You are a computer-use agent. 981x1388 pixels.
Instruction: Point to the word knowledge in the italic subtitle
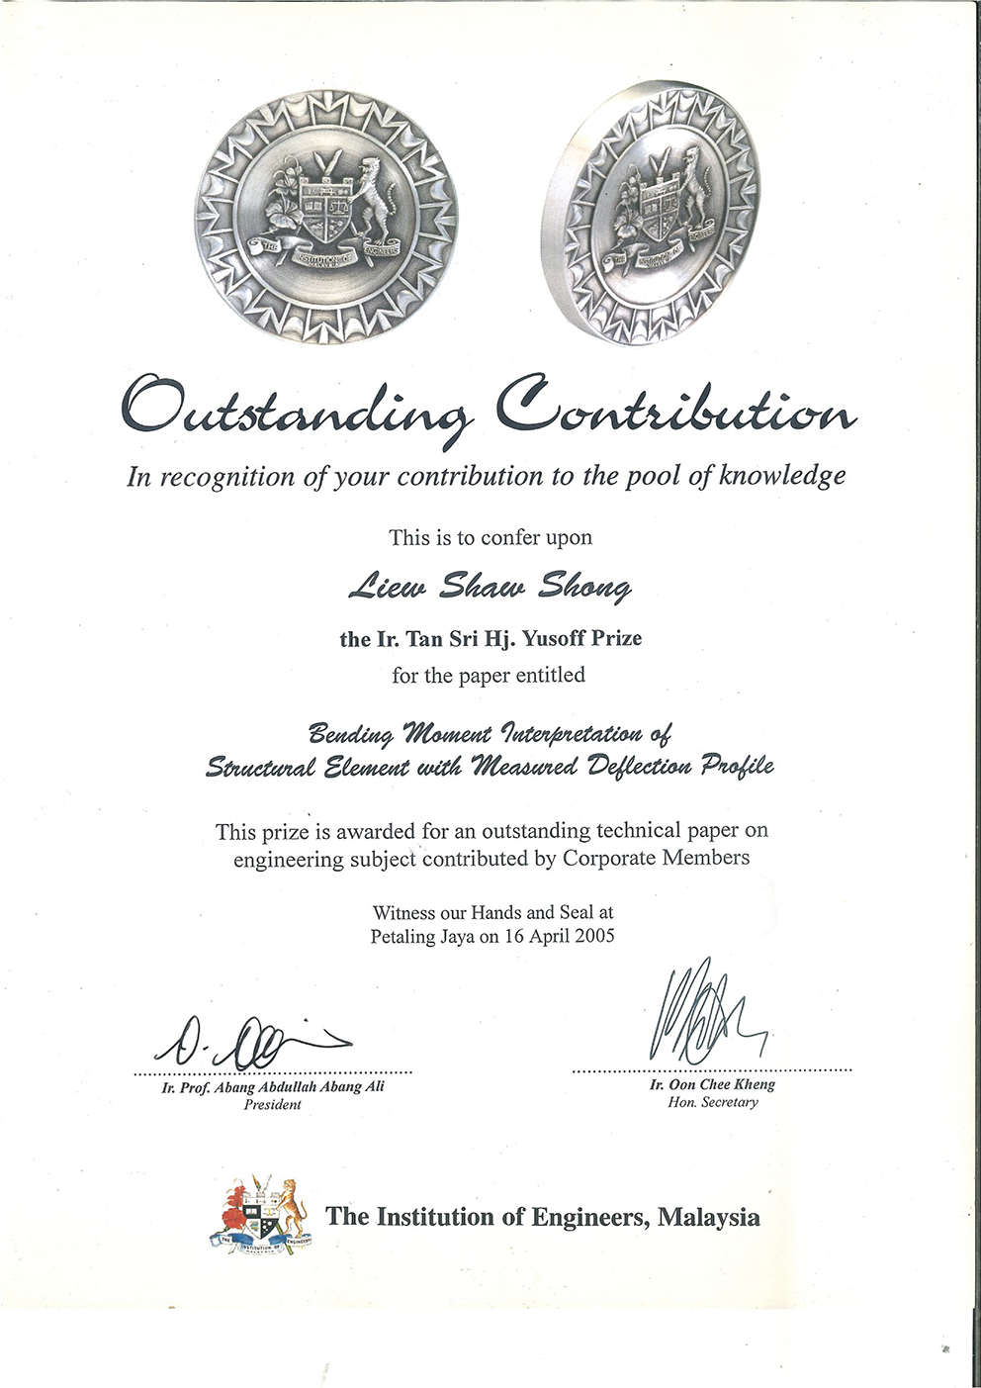click(782, 476)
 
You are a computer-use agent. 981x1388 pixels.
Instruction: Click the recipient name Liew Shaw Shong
click(490, 588)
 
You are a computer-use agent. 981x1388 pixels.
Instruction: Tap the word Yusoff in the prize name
click(554, 638)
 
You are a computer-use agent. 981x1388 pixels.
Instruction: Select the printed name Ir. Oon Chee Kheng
click(712, 1084)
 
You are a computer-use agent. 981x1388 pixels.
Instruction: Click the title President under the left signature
click(272, 1104)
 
